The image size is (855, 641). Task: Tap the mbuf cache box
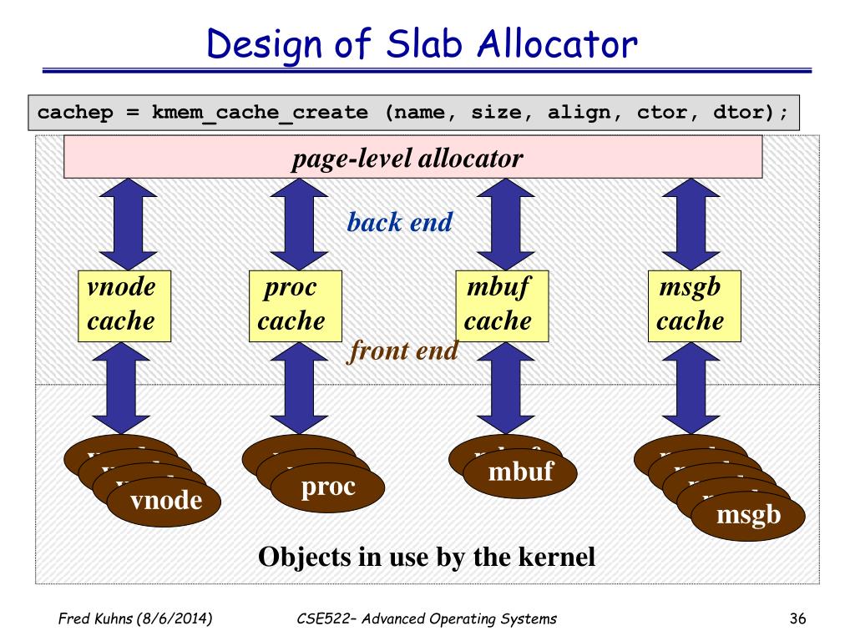coord(500,305)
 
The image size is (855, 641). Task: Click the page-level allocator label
coord(407,158)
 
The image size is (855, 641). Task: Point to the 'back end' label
coord(400,222)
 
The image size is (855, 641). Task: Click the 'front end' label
coord(403,351)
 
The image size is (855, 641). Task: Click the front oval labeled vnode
coord(166,501)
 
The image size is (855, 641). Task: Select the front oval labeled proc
coord(328,487)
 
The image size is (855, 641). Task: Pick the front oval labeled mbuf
coord(521,472)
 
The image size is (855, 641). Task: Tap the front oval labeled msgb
coord(748,515)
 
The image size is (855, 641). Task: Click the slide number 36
coord(797,618)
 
